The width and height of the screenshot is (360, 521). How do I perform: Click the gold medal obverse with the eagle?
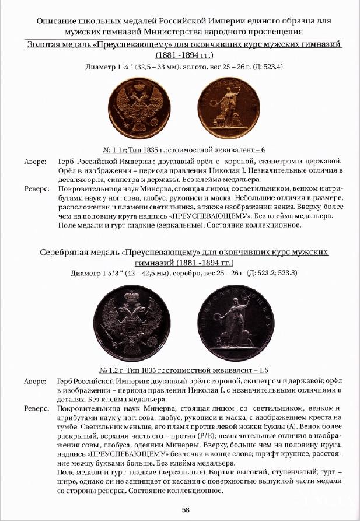[x=141, y=107]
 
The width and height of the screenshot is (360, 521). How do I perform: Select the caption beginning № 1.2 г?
[x=179, y=369]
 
